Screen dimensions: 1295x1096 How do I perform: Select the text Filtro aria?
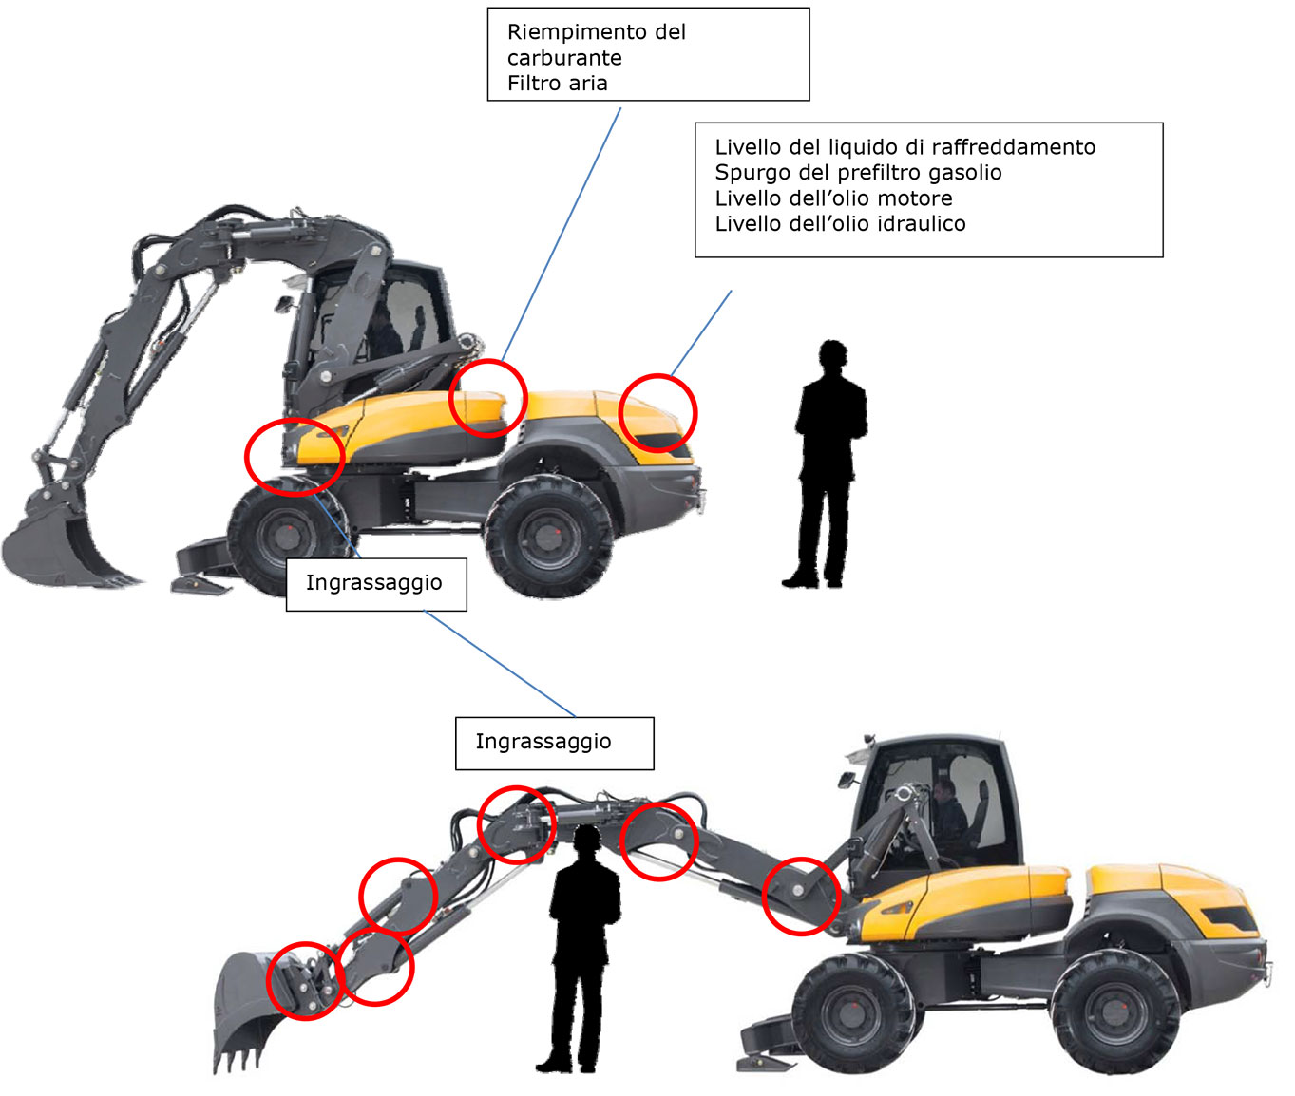(x=557, y=84)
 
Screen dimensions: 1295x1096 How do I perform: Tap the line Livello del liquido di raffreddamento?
(x=905, y=148)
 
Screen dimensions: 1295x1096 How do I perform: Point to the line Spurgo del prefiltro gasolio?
(x=858, y=173)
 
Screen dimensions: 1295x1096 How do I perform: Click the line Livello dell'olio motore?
(x=833, y=198)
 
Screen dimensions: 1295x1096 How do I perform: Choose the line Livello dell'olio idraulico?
(x=840, y=223)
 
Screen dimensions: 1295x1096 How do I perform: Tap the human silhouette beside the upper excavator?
(x=826, y=464)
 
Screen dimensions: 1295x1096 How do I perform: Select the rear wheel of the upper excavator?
(x=548, y=536)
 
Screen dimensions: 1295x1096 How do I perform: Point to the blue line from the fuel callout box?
(x=562, y=235)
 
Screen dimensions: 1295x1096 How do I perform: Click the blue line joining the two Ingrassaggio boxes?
(x=500, y=663)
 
